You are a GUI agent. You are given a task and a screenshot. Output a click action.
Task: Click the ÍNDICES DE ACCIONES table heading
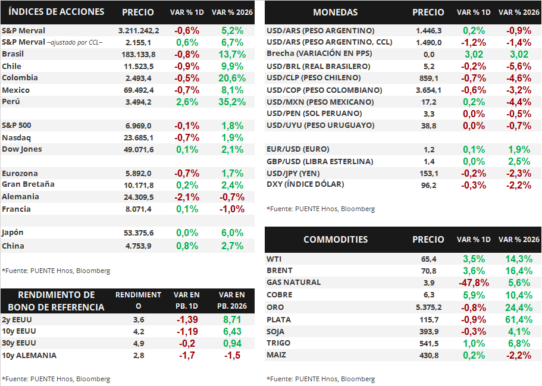[x=57, y=12]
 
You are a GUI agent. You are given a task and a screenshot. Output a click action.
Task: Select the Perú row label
[x=12, y=102]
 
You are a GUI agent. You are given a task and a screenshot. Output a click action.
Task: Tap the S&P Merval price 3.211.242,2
[x=139, y=30]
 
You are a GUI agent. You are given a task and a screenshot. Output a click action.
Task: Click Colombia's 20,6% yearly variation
[x=232, y=78]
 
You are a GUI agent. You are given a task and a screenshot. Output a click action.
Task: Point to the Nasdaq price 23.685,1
[x=139, y=137]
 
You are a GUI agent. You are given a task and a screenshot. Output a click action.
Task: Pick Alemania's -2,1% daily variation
[x=187, y=197]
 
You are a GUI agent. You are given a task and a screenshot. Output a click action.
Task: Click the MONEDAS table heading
[x=336, y=12]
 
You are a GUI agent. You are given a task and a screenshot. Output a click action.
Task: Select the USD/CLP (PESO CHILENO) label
[x=314, y=78]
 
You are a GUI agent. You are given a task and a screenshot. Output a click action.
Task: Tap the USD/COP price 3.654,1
[x=428, y=90]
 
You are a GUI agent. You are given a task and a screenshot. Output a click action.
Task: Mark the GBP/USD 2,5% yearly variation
[x=519, y=161]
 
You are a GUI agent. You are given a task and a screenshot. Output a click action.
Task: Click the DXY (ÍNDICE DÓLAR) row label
[x=305, y=184]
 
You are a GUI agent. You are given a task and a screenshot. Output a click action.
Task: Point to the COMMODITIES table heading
[x=336, y=240]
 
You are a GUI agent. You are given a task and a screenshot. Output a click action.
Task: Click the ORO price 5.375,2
[x=428, y=307]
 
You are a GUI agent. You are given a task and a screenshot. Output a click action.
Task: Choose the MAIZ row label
[x=277, y=355]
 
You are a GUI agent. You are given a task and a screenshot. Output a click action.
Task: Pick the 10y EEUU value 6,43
[x=231, y=331]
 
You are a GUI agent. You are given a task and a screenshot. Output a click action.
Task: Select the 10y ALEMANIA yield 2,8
[x=138, y=355]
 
